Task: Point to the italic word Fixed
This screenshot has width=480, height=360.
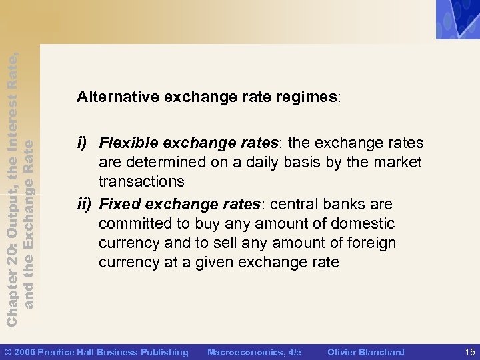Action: [x=117, y=203]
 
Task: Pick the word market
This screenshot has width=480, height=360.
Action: [x=398, y=162]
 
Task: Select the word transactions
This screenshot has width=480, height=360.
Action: [x=141, y=181]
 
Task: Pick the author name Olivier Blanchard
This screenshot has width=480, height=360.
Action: [x=366, y=352]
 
